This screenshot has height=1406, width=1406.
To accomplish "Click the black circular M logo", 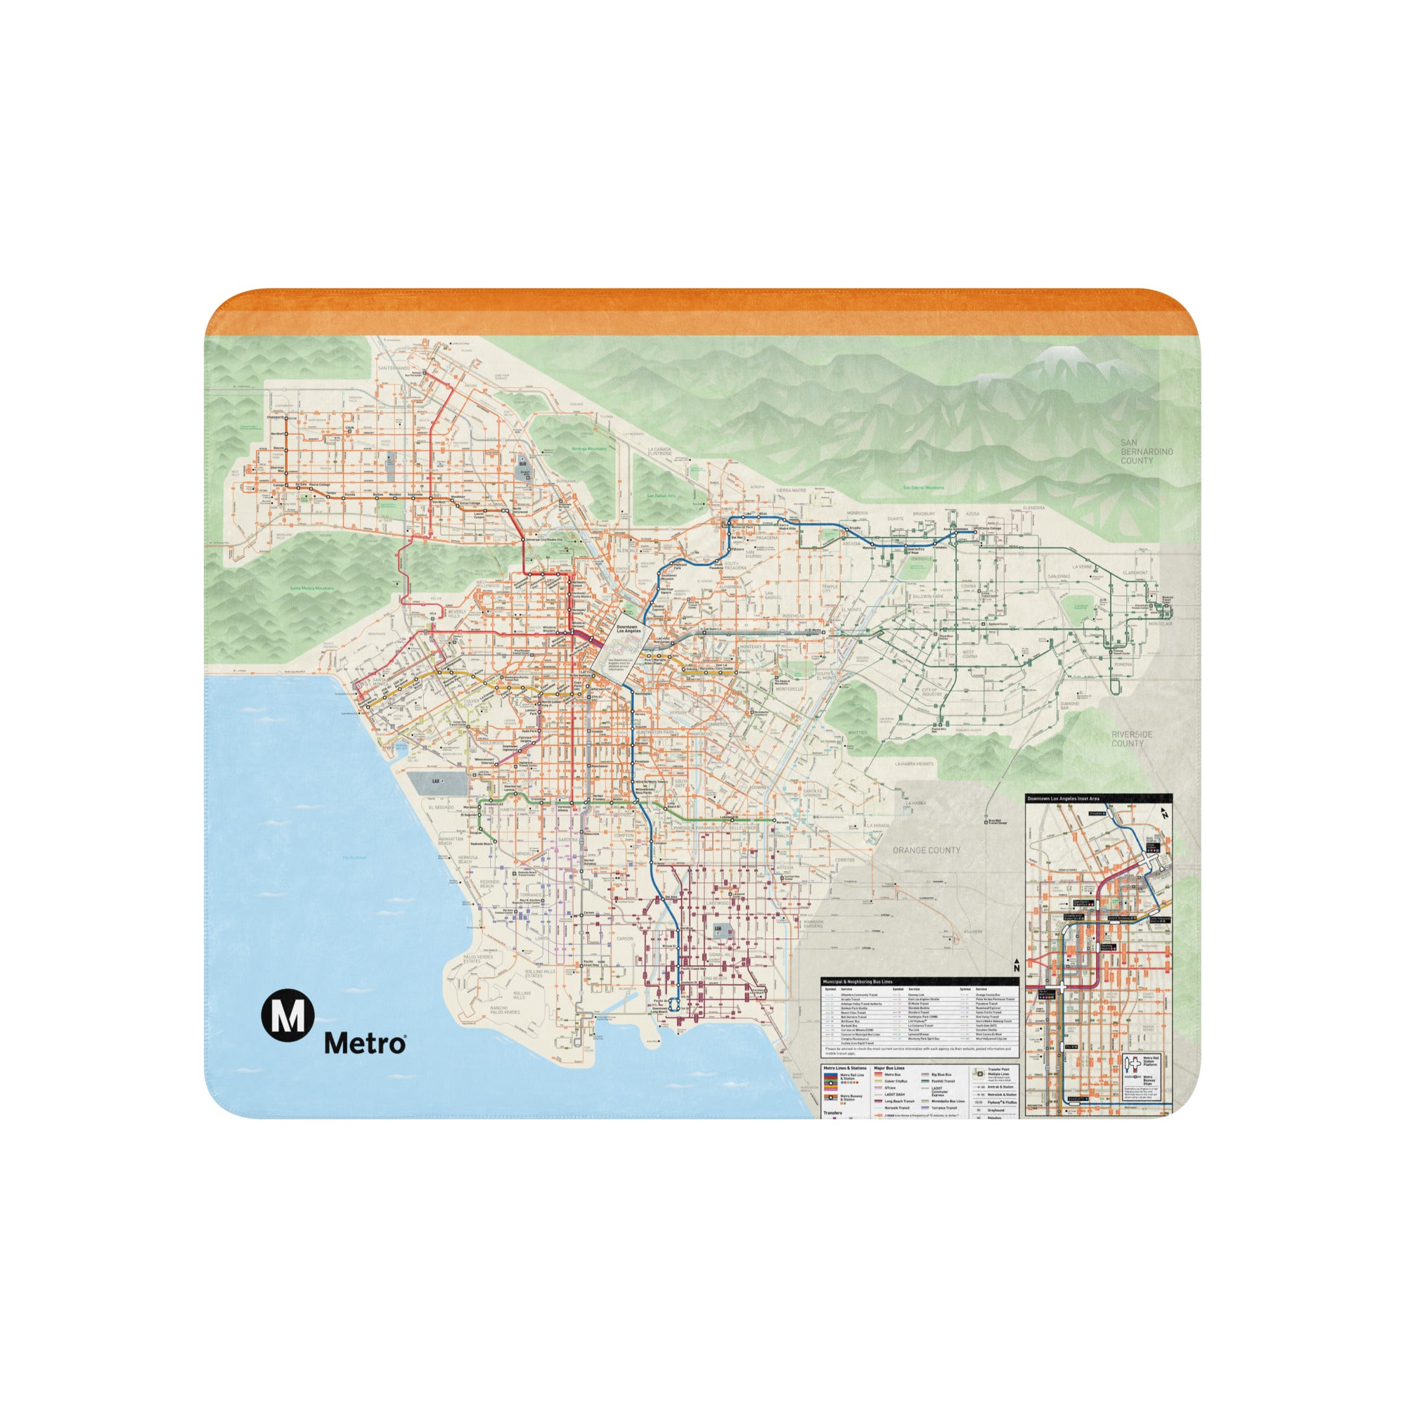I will tap(288, 1014).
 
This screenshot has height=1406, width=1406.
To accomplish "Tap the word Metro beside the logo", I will tap(365, 1043).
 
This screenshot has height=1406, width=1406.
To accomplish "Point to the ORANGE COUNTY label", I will tap(926, 850).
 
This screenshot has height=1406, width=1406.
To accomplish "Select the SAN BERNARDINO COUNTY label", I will tap(1146, 451).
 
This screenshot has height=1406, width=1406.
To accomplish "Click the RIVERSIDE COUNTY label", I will tap(1131, 739).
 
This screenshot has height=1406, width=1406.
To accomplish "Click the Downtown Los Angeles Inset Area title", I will tap(1062, 799).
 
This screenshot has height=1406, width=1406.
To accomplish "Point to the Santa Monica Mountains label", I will tap(311, 588).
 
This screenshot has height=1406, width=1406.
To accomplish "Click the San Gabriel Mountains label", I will tap(923, 488).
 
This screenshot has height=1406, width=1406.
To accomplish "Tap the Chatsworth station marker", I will tap(286, 418).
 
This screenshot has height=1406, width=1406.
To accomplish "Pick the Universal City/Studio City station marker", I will tap(523, 539).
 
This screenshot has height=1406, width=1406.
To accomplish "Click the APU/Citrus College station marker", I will tap(975, 531).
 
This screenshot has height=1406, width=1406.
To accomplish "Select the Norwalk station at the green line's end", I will tap(773, 821).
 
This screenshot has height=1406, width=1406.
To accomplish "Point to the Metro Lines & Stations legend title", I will tap(844, 1069).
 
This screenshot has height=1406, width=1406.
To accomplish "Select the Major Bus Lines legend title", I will tap(889, 1069).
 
